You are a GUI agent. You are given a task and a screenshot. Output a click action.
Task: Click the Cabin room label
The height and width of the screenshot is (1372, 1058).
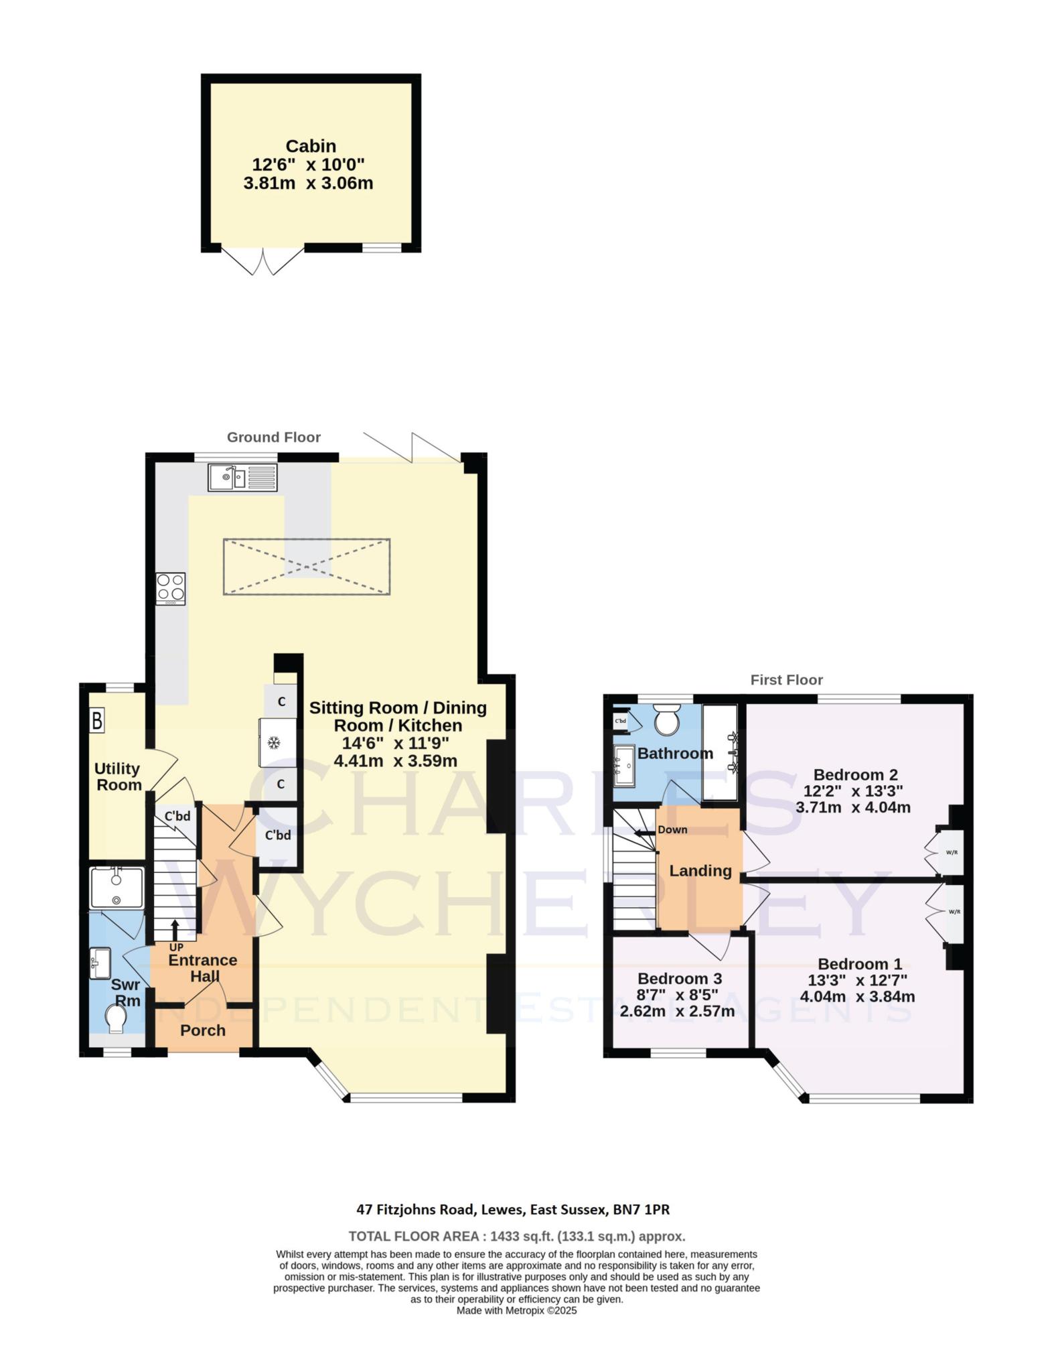pos(311,146)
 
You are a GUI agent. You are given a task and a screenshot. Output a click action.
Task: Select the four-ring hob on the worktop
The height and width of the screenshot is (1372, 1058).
pos(170,589)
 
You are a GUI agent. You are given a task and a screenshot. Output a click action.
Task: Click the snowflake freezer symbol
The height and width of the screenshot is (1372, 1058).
pos(273,743)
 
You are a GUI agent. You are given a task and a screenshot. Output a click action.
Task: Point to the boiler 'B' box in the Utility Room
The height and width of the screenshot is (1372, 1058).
pos(98,722)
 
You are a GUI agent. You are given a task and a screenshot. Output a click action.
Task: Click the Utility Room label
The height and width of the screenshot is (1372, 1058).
pos(118,776)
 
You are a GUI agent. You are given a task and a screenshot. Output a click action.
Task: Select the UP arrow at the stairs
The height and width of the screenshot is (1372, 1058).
pos(175,930)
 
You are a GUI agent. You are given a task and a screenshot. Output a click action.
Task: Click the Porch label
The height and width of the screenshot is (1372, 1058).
pos(203,1031)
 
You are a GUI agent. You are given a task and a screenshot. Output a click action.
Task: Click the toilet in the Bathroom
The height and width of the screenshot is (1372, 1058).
pos(666,720)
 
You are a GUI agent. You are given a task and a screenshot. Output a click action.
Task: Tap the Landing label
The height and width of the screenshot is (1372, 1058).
pos(700,871)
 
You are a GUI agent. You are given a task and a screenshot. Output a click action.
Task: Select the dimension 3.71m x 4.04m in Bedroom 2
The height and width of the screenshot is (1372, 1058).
pos(853,808)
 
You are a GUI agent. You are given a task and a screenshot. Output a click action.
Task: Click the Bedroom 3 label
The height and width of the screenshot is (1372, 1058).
pos(679,979)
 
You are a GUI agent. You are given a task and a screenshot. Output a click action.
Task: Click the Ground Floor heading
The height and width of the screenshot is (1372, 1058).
pos(273,437)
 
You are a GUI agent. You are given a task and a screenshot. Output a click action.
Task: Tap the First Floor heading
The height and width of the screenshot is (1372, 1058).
pos(786,680)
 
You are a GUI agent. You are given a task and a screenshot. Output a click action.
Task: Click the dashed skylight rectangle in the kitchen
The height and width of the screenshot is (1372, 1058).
pos(307,567)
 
